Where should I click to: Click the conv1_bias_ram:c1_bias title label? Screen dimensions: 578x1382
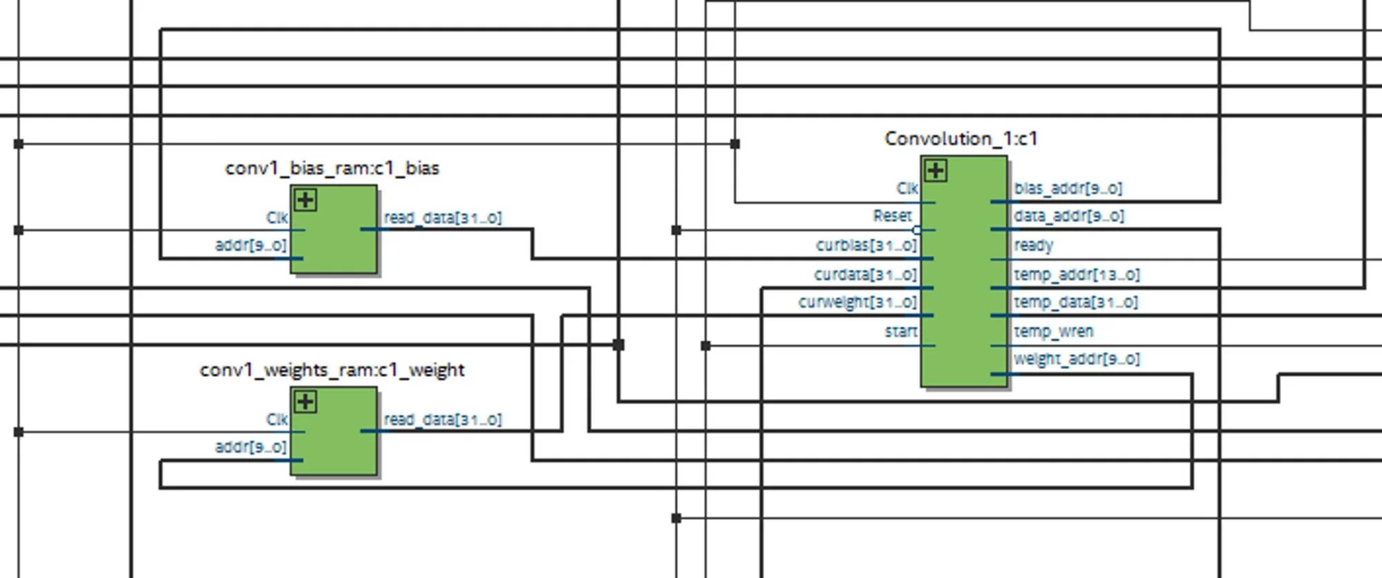pyautogui.click(x=332, y=169)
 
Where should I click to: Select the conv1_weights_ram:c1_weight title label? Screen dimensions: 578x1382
pyautogui.click(x=332, y=371)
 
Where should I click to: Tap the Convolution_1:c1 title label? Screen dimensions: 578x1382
pyautogui.click(x=960, y=139)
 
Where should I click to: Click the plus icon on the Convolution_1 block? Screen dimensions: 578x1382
pyautogui.click(x=936, y=171)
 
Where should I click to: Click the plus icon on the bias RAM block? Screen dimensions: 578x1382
pyautogui.click(x=305, y=201)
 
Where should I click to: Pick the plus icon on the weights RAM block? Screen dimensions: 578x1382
pyautogui.click(x=305, y=402)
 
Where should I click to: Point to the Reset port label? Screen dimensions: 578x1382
pyautogui.click(x=892, y=216)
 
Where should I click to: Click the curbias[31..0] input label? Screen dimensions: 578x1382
pyautogui.click(x=866, y=246)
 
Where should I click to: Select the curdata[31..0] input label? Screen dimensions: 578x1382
pyautogui.click(x=865, y=275)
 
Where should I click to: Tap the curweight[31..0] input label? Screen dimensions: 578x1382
pyautogui.click(x=858, y=303)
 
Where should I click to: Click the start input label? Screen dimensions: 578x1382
pyautogui.click(x=901, y=332)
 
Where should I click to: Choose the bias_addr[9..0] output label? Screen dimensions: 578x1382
pyautogui.click(x=1068, y=189)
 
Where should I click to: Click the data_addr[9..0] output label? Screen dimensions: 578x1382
pyautogui.click(x=1069, y=216)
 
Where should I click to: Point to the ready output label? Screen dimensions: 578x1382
pyautogui.click(x=1034, y=246)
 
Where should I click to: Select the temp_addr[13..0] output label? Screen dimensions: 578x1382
pyautogui.click(x=1077, y=275)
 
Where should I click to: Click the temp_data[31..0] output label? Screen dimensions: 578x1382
pyautogui.click(x=1076, y=303)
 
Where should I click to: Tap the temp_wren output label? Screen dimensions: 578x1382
pyautogui.click(x=1054, y=332)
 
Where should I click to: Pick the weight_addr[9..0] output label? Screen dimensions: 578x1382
pyautogui.click(x=1077, y=360)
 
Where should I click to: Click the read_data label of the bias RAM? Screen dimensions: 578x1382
pyautogui.click(x=443, y=218)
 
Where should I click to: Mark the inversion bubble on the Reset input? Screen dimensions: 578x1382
pyautogui.click(x=917, y=230)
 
